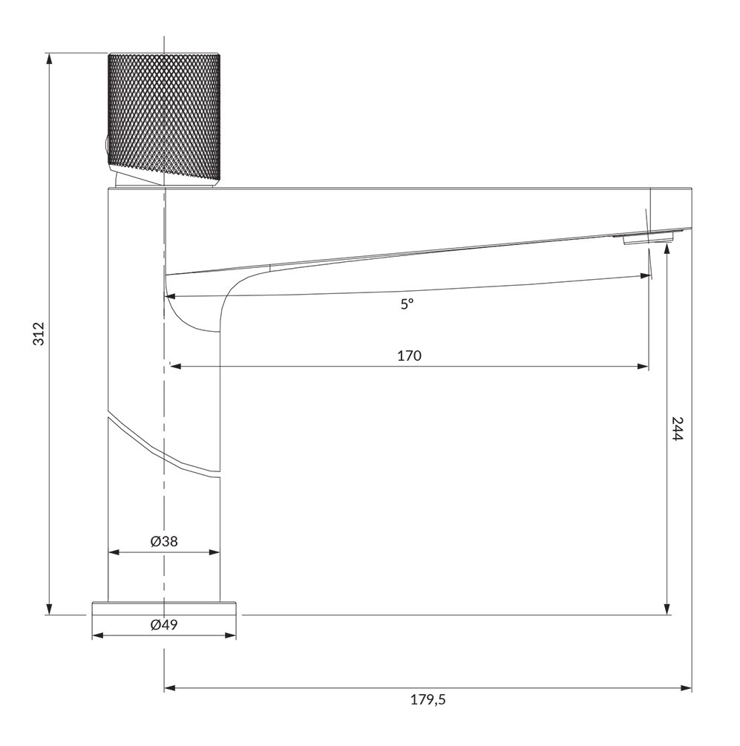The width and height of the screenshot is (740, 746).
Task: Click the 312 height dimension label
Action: pos(39,333)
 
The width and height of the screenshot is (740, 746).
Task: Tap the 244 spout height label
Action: pos(677,428)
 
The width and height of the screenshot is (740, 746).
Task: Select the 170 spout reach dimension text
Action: pos(409,356)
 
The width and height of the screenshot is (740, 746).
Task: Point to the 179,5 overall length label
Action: pos(428,700)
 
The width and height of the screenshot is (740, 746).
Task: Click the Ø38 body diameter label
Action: pos(164,541)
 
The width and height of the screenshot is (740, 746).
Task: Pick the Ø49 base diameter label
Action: pos(164,624)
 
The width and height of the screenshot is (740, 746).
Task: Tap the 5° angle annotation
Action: pos(407,304)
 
